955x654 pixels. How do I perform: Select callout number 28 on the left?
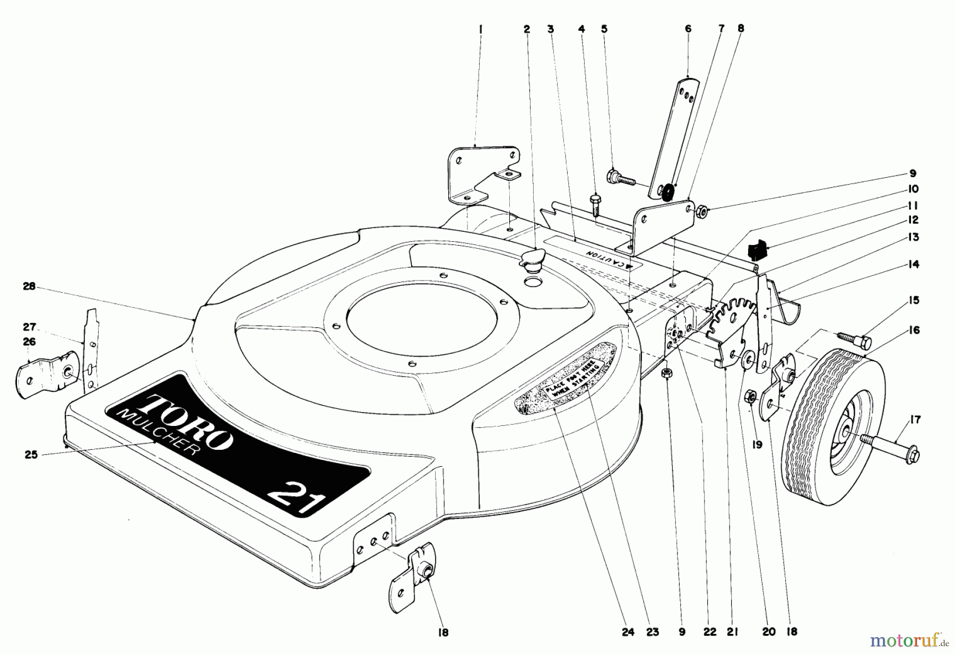tap(29, 286)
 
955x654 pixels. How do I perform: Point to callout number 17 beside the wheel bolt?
tap(915, 420)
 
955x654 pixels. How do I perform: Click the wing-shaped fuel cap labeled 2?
tap(533, 259)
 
